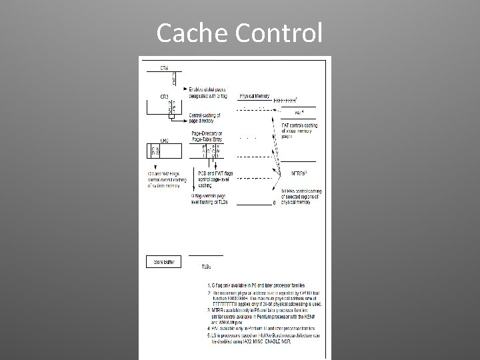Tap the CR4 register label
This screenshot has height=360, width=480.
[x=164, y=68]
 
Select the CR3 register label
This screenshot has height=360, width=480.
[x=163, y=96]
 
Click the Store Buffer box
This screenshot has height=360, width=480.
[x=160, y=263]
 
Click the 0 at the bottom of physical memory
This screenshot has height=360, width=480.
[x=274, y=203]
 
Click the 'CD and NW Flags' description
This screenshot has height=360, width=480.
[x=164, y=180]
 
